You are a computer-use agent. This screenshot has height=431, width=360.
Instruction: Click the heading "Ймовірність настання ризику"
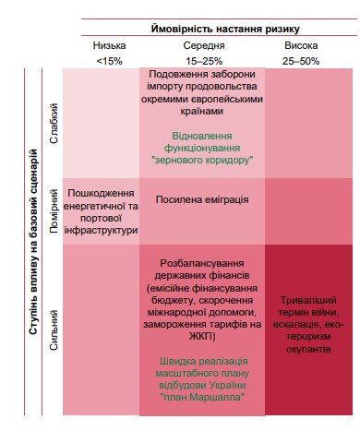(219, 30)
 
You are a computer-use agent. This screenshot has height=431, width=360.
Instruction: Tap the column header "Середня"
(202, 45)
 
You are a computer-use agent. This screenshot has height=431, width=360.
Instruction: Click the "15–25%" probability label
(202, 60)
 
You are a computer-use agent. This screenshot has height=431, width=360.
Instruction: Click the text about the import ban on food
(202, 92)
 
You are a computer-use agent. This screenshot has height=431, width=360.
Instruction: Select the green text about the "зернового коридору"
(202, 146)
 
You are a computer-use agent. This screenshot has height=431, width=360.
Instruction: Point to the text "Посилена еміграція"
(202, 199)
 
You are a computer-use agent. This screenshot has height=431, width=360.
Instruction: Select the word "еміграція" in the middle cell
(224, 199)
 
